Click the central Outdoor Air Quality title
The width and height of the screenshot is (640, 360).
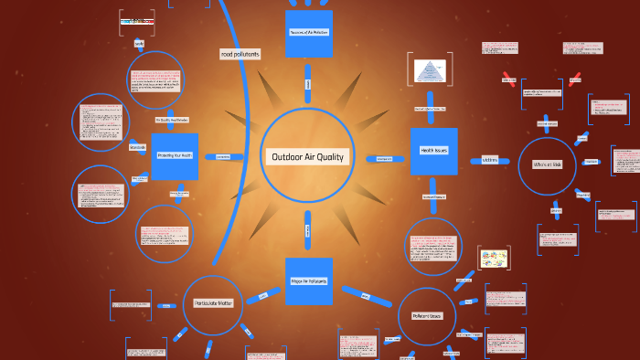point(306,156)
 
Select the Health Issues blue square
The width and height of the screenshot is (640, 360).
point(433,151)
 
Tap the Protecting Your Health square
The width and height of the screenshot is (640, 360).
point(175,156)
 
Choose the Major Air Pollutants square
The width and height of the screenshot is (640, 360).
point(308,280)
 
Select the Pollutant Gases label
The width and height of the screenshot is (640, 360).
point(427,315)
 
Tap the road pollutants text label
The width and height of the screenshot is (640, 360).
point(240,55)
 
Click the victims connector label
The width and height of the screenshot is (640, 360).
point(489,160)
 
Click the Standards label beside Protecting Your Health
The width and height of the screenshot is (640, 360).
point(138,147)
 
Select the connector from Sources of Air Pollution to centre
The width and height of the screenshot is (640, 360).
point(308,83)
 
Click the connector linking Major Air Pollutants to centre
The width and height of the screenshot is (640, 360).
point(308,228)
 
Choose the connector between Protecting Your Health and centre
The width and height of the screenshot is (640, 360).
point(222,156)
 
